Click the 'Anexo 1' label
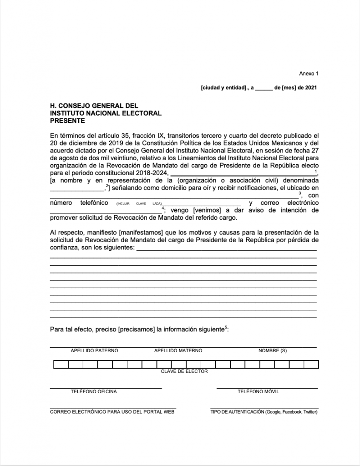point(309,73)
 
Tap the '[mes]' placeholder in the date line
point(289,87)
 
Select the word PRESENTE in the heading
point(67,121)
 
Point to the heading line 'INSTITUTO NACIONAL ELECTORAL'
point(106,113)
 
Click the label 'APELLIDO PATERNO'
point(94,351)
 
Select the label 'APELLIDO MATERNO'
point(178,351)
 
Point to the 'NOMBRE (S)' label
point(273,351)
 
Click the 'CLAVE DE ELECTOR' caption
point(184,371)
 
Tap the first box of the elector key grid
point(61,364)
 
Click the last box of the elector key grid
point(311,364)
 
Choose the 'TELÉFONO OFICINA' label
point(94,392)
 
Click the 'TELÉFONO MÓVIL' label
point(259,392)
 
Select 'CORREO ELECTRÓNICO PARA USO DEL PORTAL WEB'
point(112,412)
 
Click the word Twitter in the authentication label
point(309,412)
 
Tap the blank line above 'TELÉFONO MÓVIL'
point(267,388)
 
